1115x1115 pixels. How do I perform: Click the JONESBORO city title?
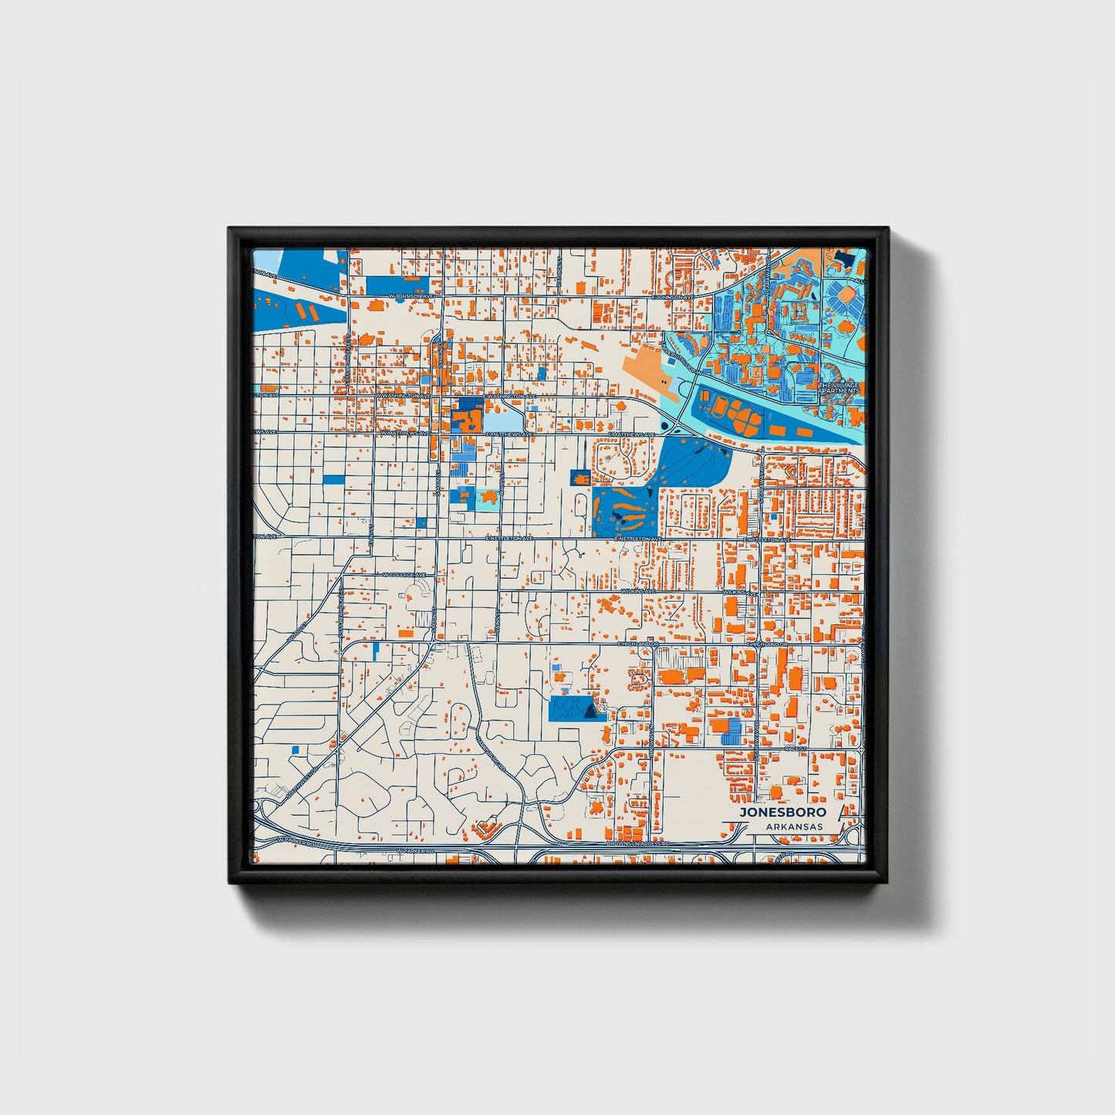tap(782, 812)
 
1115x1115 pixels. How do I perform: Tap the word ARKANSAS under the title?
tap(795, 826)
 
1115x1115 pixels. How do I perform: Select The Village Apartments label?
tap(839, 388)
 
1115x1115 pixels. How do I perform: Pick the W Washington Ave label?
tap(403, 395)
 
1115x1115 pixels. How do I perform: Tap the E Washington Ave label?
tap(510, 396)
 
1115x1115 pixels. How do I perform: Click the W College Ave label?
tap(404, 575)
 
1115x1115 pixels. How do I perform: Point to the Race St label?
tap(795, 748)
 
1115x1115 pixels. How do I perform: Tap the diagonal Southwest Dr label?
tap(301, 780)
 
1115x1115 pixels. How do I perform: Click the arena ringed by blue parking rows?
tap(846, 296)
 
